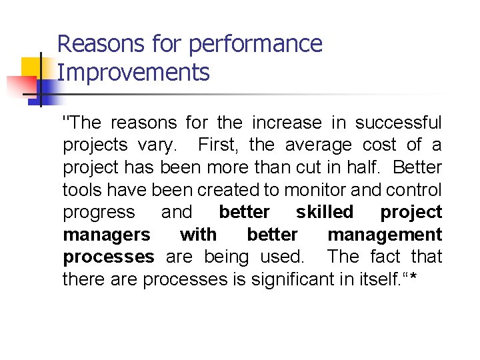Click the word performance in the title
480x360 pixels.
[256, 45]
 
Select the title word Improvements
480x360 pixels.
[133, 72]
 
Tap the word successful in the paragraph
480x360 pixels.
[398, 123]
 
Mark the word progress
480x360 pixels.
[99, 213]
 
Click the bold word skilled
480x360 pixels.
[325, 212]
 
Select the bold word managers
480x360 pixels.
[107, 235]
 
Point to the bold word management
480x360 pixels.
[385, 235]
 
